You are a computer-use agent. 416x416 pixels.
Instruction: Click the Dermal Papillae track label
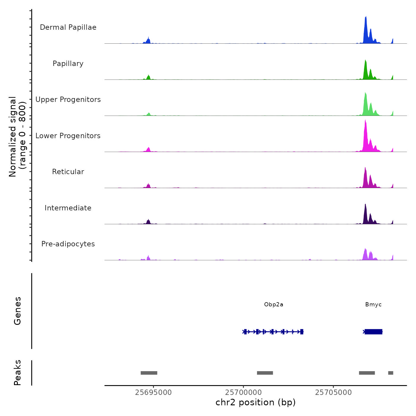(x=68, y=27)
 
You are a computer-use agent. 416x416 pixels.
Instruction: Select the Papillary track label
(x=68, y=64)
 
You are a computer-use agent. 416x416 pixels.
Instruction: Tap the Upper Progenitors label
(x=68, y=100)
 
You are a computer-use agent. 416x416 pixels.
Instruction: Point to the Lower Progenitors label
(x=68, y=136)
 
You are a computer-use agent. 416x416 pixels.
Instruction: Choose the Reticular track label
(x=68, y=172)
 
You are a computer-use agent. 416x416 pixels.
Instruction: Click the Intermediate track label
(x=68, y=208)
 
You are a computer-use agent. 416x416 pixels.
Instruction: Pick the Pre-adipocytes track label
(x=68, y=244)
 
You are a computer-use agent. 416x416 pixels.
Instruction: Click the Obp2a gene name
(x=273, y=305)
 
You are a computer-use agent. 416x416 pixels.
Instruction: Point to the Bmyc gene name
(x=373, y=305)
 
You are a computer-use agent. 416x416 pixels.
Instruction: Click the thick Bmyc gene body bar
(x=374, y=332)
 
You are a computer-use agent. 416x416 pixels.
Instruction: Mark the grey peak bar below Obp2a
(x=265, y=373)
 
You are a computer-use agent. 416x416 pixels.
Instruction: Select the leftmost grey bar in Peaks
(x=149, y=373)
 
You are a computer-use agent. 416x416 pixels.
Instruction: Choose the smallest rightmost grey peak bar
(x=390, y=373)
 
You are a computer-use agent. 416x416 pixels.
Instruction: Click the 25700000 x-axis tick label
(x=243, y=393)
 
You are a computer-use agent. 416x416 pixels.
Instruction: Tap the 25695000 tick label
(x=153, y=393)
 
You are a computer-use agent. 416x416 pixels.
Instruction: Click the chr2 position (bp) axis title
(x=256, y=402)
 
